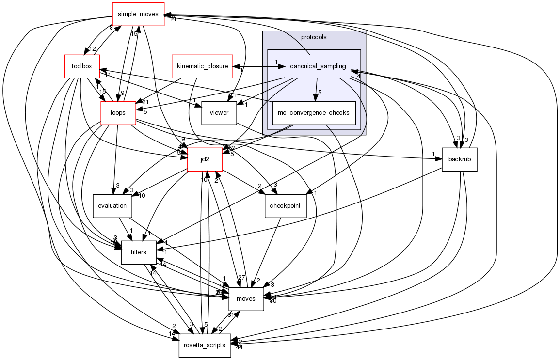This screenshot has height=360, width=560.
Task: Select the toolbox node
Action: click(81, 66)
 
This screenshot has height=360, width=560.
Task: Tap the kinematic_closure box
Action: click(202, 66)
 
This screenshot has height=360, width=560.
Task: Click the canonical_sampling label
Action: click(318, 66)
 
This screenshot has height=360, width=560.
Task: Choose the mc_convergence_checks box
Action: click(314, 113)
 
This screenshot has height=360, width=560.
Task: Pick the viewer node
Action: click(219, 113)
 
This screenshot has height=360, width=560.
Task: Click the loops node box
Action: click(118, 113)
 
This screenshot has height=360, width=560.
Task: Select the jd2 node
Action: click(205, 159)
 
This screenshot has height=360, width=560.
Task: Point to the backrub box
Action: click(460, 159)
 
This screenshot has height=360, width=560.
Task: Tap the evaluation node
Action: click(112, 205)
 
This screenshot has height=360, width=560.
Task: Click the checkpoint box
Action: click(286, 205)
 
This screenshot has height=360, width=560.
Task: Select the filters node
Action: click(138, 252)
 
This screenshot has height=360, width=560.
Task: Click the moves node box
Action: click(246, 298)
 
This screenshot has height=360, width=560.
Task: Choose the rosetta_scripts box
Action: click(205, 345)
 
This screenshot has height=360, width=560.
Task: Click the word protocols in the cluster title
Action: click(314, 37)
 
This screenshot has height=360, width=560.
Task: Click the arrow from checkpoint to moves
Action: click(270, 252)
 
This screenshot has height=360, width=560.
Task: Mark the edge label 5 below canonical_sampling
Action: click(320, 92)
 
